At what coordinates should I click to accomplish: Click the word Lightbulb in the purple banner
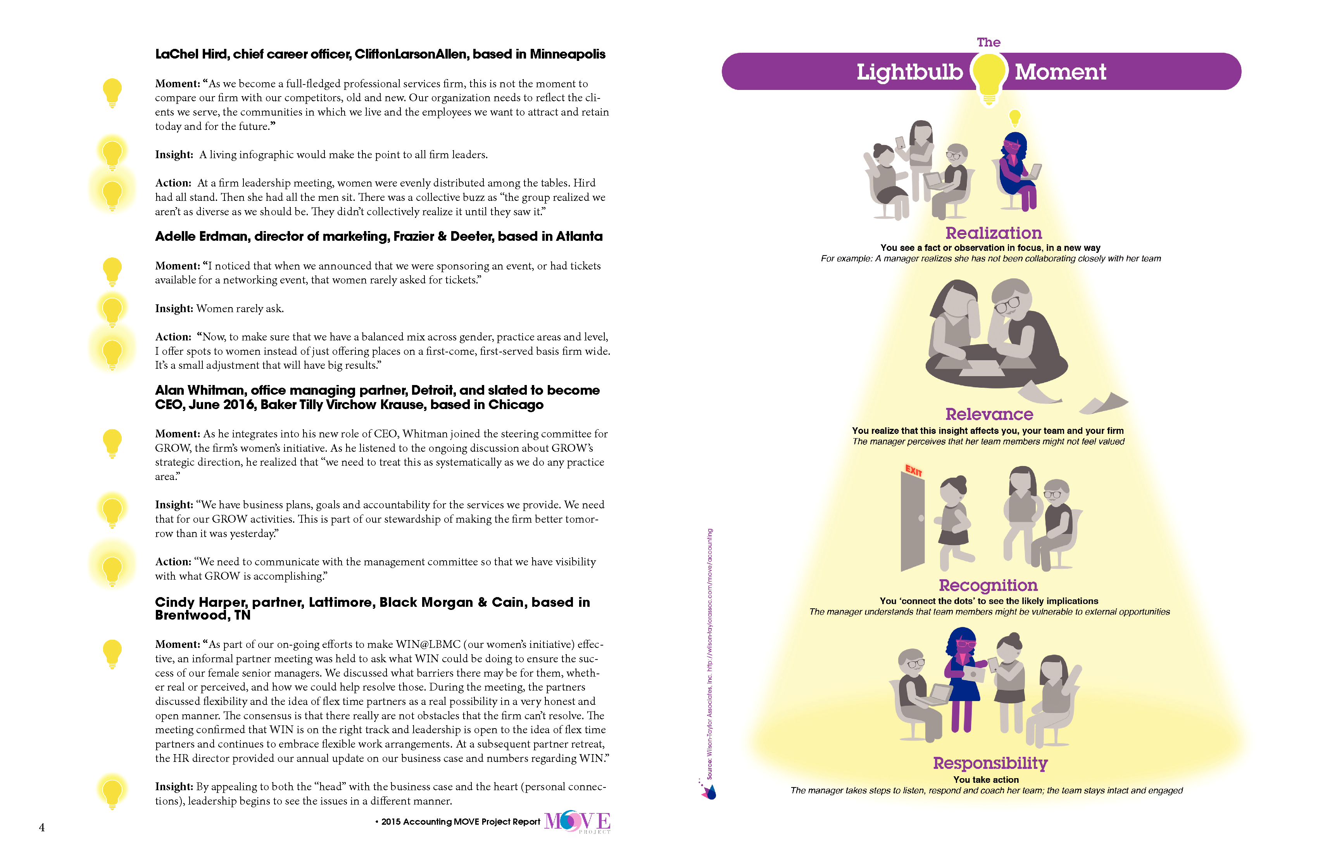909,73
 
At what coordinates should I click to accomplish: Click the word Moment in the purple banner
1060,72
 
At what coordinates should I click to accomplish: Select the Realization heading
994,233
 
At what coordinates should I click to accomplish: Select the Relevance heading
989,414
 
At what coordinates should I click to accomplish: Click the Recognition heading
988,585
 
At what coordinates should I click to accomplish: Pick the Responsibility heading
990,763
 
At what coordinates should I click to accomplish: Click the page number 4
41,827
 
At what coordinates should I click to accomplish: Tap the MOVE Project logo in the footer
577,822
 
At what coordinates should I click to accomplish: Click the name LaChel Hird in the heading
191,54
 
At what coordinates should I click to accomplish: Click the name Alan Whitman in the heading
200,390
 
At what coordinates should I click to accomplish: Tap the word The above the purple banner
988,43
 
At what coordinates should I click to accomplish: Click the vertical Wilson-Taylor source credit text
709,654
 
